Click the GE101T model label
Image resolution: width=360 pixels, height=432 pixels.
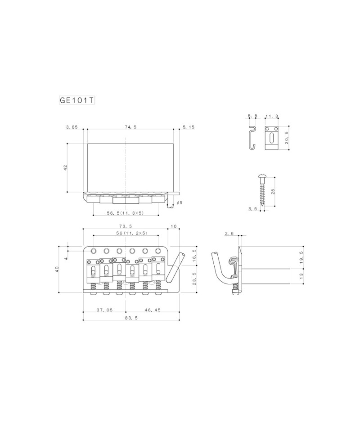[x=77, y=100]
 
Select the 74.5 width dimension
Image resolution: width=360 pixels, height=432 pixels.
[x=131, y=127]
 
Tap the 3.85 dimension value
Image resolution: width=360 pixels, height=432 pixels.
[x=72, y=127]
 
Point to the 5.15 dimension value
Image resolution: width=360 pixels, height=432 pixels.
[x=189, y=127]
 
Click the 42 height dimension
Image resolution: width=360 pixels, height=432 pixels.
[x=65, y=167]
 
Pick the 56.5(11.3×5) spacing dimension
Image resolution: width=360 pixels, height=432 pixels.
[x=126, y=213]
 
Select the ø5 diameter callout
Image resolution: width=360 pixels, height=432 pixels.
[x=179, y=203]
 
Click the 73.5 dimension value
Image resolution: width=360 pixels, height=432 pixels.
[x=126, y=226]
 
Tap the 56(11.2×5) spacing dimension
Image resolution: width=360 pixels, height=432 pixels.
[x=132, y=233]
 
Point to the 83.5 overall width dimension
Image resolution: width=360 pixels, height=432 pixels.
[x=131, y=318]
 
